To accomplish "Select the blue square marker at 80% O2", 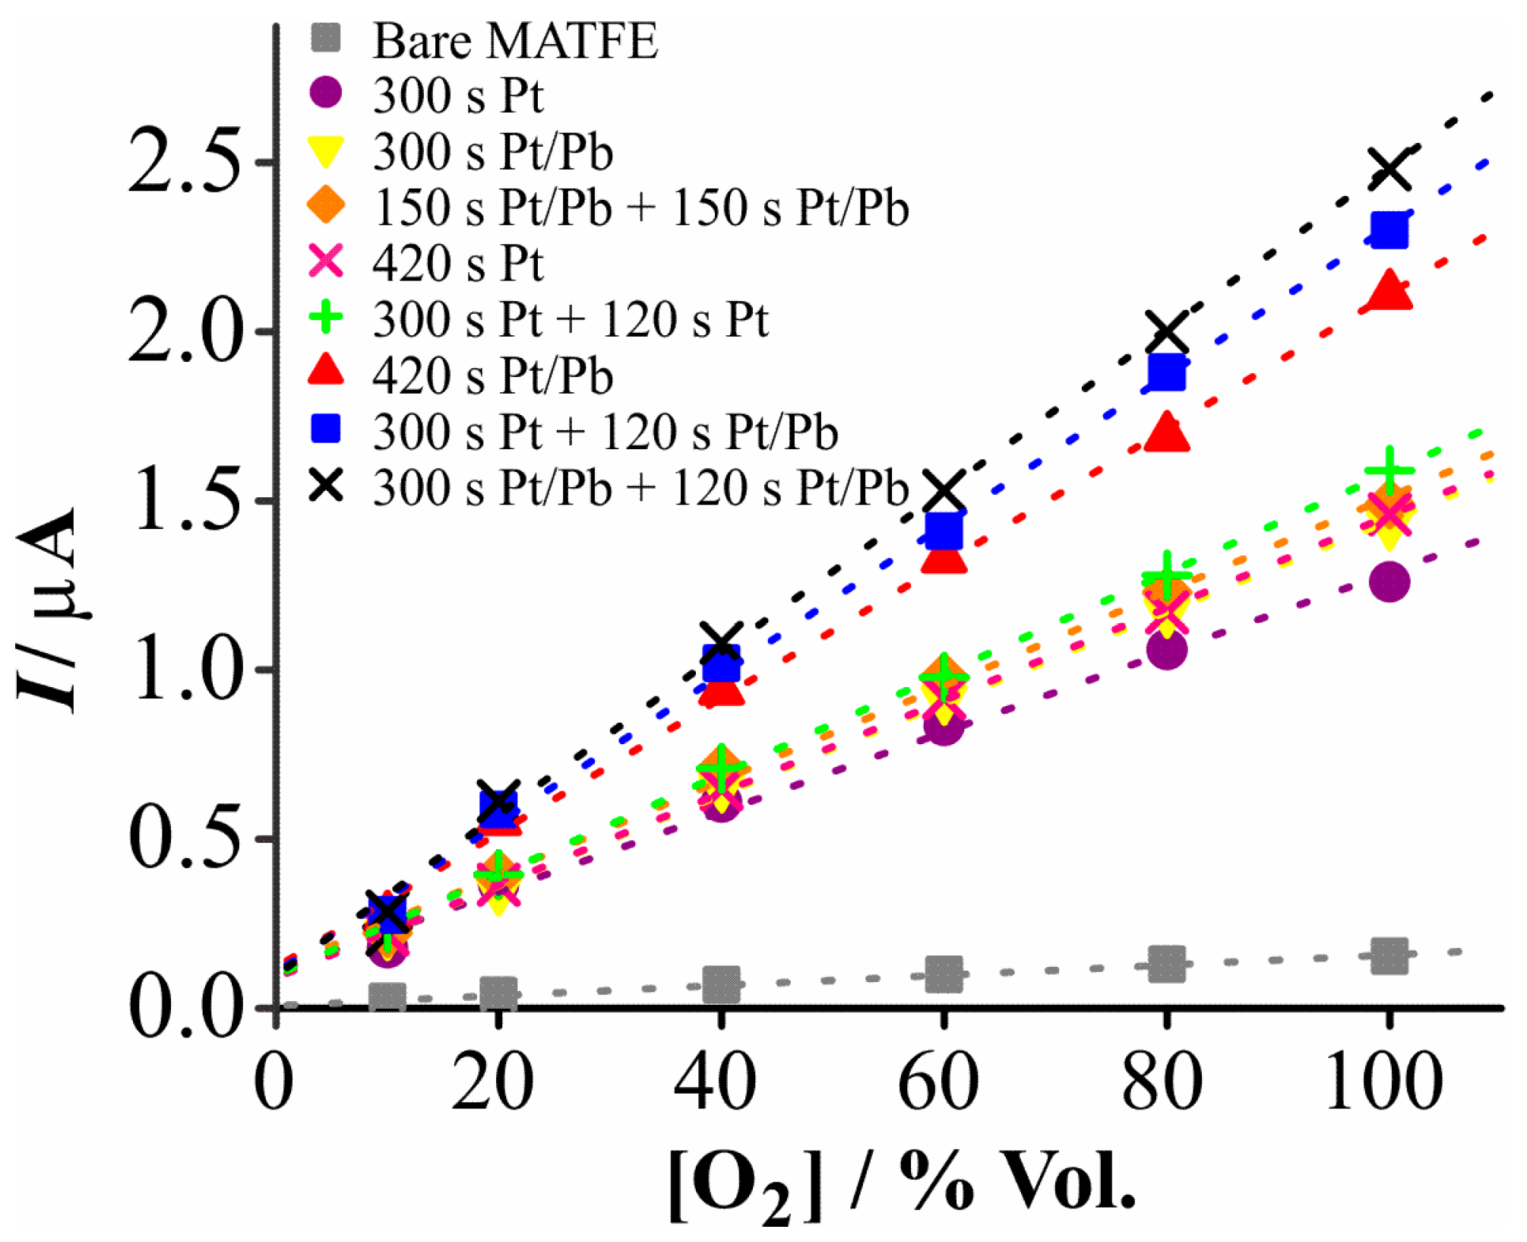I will coord(1167,372).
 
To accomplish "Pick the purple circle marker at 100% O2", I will coord(1389,582).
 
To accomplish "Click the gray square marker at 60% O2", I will coord(943,974).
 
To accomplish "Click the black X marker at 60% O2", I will coord(944,490).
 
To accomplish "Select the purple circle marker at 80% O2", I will coord(1167,650).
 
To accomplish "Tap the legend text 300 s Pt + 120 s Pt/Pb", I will coord(605,432).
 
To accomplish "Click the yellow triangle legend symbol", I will coord(326,151).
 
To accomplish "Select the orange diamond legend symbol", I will coord(326,207).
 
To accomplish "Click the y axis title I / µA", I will coord(47,608).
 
